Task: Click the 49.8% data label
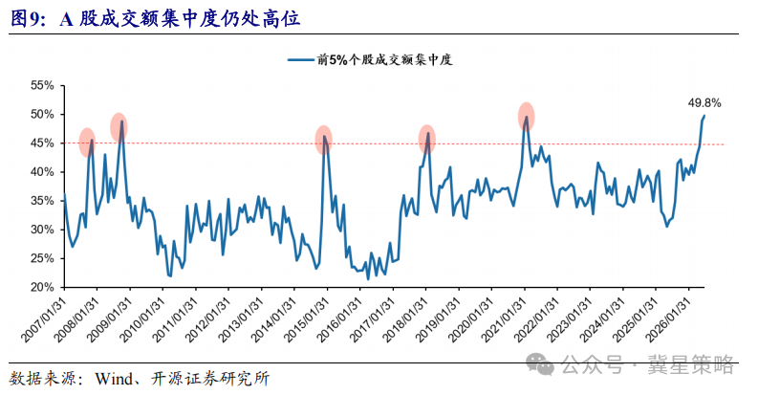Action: (x=704, y=103)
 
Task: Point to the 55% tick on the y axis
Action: (x=42, y=85)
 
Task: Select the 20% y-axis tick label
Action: (x=42, y=287)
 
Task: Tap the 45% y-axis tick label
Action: (x=42, y=143)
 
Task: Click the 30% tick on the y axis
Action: (x=42, y=230)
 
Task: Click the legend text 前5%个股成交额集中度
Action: (x=385, y=60)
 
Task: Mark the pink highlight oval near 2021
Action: (x=526, y=117)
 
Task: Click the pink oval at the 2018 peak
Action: (x=427, y=140)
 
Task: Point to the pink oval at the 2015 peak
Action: (x=323, y=140)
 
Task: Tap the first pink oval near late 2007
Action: (x=87, y=143)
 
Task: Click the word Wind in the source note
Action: (x=114, y=379)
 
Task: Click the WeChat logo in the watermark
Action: (x=539, y=363)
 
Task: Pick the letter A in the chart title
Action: (x=67, y=19)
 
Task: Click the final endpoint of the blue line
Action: (x=704, y=116)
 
